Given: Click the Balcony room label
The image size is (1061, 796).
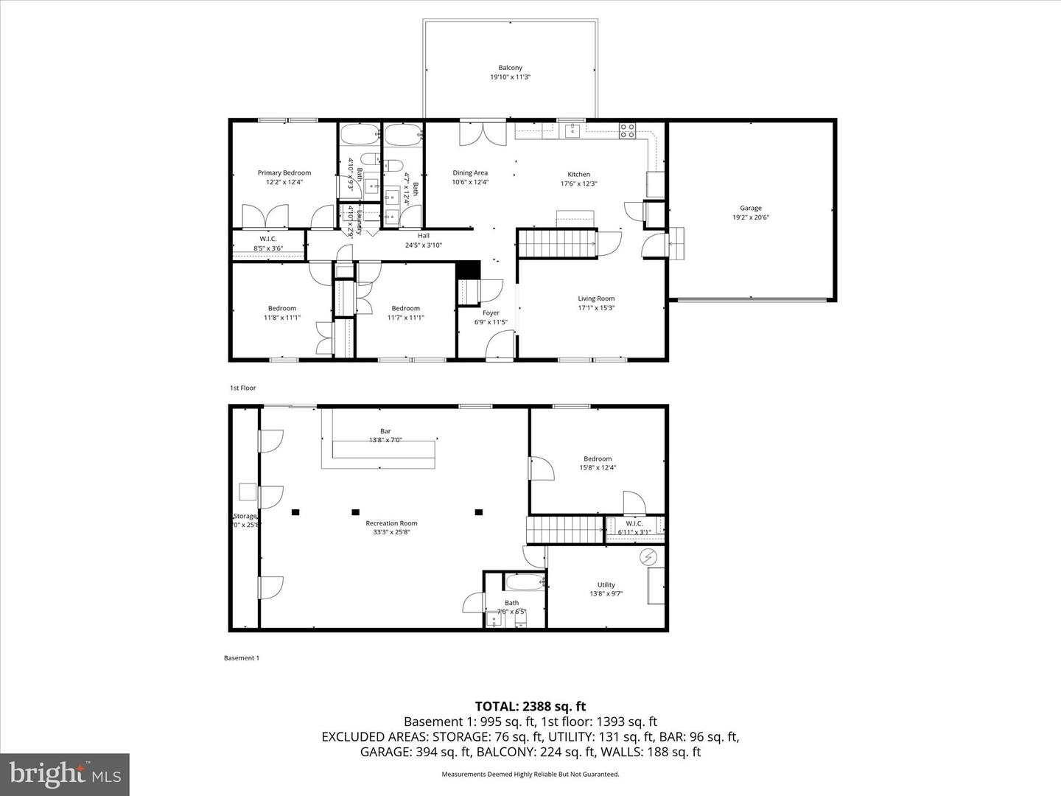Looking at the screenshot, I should click(x=510, y=68).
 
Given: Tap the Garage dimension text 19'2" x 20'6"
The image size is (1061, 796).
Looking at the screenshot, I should click(x=751, y=217).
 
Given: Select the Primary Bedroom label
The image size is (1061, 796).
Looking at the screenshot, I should click(x=284, y=173).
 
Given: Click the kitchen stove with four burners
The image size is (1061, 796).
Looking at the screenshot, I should click(x=627, y=131).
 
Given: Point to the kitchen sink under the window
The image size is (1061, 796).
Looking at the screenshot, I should click(x=572, y=131).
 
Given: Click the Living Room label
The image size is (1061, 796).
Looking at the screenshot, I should click(x=595, y=298).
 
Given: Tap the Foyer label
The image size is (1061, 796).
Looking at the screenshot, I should click(x=491, y=313).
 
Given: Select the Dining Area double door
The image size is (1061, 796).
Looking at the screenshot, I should click(x=475, y=133).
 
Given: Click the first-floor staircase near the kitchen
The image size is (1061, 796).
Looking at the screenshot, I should click(x=556, y=243).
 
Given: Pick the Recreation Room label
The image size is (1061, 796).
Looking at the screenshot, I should click(x=391, y=523).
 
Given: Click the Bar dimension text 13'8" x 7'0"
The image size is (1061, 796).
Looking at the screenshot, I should click(x=385, y=441).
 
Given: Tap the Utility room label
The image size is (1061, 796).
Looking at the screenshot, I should click(x=606, y=584).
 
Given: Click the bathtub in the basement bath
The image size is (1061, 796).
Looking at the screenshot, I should click(x=524, y=582).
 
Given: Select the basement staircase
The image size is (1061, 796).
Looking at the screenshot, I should click(x=564, y=530).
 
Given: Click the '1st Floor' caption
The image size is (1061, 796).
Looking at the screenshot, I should click(x=242, y=388).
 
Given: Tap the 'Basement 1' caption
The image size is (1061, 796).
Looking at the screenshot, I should click(x=241, y=657).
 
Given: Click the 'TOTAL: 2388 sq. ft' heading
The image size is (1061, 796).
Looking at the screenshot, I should click(x=530, y=706).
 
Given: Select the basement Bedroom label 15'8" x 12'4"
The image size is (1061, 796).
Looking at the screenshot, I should click(x=598, y=458).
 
